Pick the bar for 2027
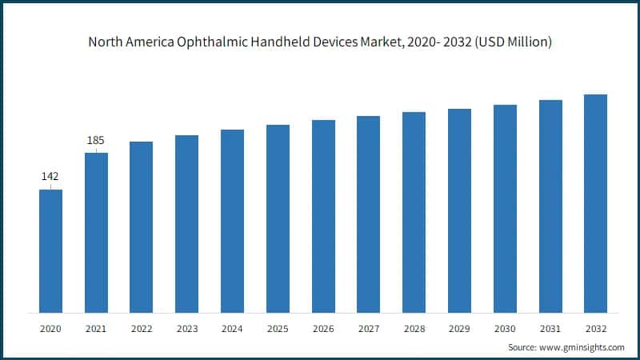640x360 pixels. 368,214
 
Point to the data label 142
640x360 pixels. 50,176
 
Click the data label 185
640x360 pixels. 96,141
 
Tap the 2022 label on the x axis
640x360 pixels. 142,329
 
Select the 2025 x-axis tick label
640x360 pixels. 278,329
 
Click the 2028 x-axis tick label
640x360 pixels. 414,329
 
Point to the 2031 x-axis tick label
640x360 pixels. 550,329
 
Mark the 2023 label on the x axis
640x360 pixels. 186,329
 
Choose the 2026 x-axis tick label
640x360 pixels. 323,329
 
